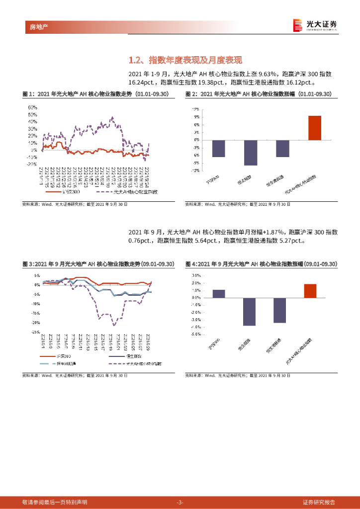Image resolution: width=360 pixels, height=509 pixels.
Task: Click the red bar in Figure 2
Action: click(x=315, y=128)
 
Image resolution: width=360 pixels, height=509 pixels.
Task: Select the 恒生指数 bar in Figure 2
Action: click(x=251, y=153)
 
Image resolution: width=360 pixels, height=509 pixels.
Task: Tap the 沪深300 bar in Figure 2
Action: click(x=219, y=149)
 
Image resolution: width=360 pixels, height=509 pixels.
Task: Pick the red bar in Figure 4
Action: click(x=310, y=291)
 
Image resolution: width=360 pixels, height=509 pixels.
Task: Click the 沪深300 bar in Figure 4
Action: click(x=219, y=294)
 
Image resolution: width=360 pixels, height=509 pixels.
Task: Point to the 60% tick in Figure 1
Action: click(x=33, y=107)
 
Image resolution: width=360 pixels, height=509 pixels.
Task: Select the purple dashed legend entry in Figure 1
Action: click(x=127, y=192)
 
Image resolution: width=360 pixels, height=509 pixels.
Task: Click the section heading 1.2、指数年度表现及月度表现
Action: click(x=185, y=61)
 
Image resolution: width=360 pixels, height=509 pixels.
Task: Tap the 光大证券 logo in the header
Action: click(x=315, y=25)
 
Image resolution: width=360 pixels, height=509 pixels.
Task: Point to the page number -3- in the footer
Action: click(x=180, y=502)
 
